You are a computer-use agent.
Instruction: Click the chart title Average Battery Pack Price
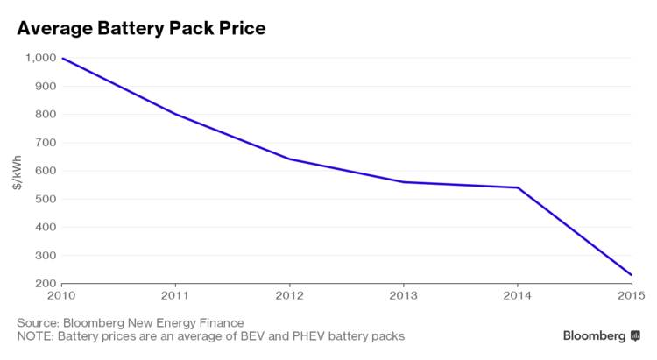[141, 28]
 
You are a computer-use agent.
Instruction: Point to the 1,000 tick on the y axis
[39, 58]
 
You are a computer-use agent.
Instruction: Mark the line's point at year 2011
[175, 114]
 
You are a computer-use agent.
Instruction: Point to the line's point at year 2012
[290, 159]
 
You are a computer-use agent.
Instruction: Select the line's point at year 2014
[517, 187]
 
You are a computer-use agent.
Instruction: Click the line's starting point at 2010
[62, 58]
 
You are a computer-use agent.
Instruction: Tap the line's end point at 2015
[631, 275]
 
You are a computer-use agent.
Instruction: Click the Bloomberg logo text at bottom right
[594, 335]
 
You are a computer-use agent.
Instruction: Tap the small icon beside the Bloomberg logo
[635, 335]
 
